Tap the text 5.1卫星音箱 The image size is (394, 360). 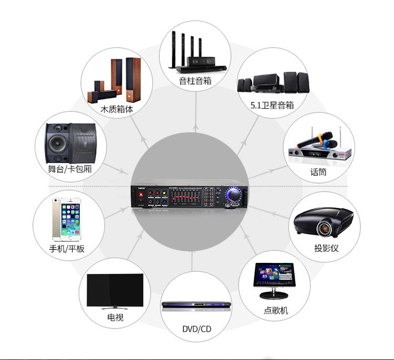tap(272, 105)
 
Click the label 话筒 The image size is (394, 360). tap(318, 172)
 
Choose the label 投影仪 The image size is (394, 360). tap(326, 248)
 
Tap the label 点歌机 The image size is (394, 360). tap(276, 310)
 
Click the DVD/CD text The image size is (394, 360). tap(196, 329)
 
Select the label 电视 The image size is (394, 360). tap(115, 317)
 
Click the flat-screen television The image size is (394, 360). tap(115, 290)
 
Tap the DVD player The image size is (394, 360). tap(195, 304)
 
